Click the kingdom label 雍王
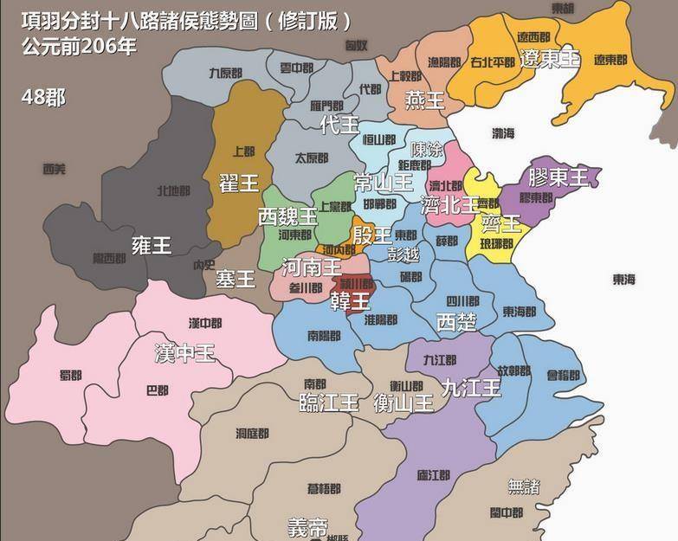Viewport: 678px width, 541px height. click(x=151, y=245)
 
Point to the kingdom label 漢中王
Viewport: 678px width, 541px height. click(x=184, y=353)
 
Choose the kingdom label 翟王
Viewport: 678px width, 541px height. click(x=239, y=183)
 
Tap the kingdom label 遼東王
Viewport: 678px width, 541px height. click(x=550, y=59)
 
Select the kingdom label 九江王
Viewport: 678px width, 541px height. click(x=471, y=388)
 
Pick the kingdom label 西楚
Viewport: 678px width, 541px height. click(x=456, y=322)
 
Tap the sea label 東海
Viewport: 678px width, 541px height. click(x=624, y=280)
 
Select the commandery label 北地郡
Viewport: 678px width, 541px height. click(x=174, y=190)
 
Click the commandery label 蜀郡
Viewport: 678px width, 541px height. click(x=69, y=376)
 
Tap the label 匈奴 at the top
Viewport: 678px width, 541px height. click(x=356, y=44)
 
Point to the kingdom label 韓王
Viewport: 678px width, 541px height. click(x=350, y=300)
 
